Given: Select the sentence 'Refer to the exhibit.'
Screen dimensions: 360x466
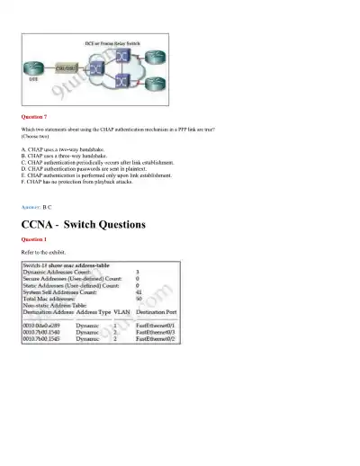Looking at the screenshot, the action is tap(43, 252).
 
